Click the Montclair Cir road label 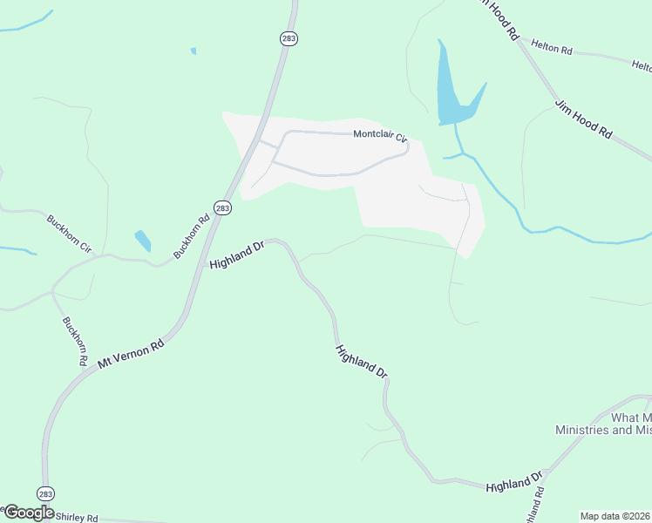[380, 135]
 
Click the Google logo [28, 513]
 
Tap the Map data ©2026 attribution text [615, 516]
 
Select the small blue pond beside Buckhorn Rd [142, 240]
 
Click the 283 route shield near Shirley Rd [46, 492]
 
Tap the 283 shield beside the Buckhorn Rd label [222, 207]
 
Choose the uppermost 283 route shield [288, 38]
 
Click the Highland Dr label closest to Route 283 [236, 255]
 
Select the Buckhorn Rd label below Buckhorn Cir [75, 340]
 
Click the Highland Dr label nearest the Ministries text [514, 481]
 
